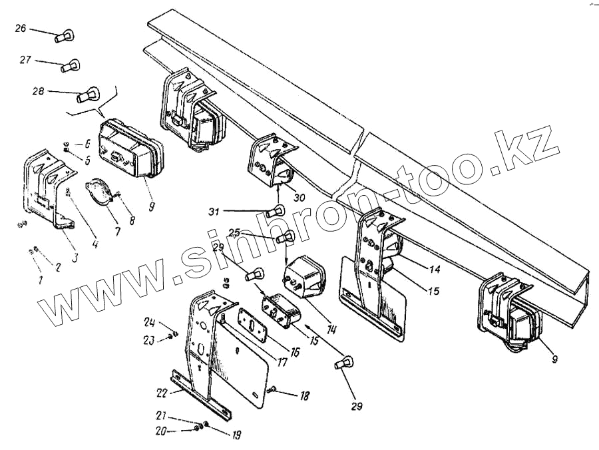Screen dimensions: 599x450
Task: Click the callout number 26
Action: [21, 29]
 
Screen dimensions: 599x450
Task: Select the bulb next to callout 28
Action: [85, 98]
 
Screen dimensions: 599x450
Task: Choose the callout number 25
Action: [233, 233]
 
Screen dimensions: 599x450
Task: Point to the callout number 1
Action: [40, 280]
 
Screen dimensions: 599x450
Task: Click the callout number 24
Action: [149, 324]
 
